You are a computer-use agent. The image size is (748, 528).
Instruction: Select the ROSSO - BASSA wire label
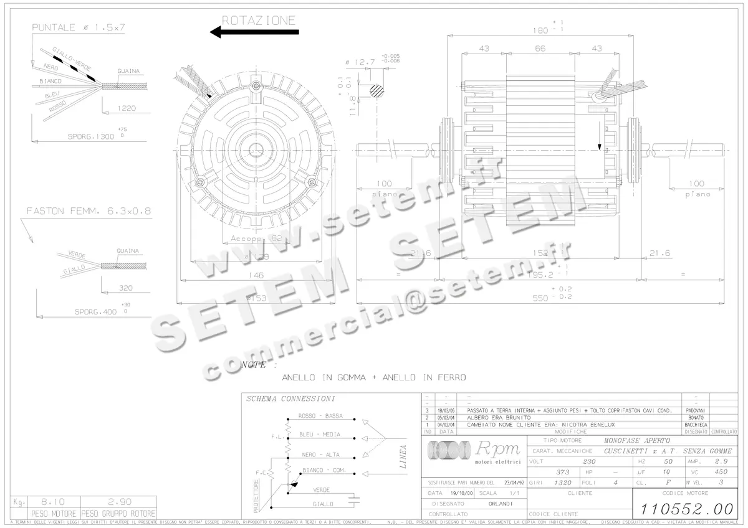click(x=320, y=416)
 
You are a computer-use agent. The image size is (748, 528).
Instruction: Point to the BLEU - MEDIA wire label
click(x=320, y=434)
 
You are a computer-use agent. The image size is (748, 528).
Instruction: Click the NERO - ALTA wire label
click(x=320, y=455)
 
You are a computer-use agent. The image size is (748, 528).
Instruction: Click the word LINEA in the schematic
click(x=403, y=456)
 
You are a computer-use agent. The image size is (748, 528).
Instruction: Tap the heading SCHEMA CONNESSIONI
click(x=290, y=398)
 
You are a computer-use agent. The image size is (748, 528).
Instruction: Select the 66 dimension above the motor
click(x=540, y=49)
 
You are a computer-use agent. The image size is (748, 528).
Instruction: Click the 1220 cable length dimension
click(x=126, y=108)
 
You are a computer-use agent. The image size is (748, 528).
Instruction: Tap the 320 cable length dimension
click(x=127, y=288)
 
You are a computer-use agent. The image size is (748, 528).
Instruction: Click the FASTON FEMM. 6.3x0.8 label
click(x=89, y=211)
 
